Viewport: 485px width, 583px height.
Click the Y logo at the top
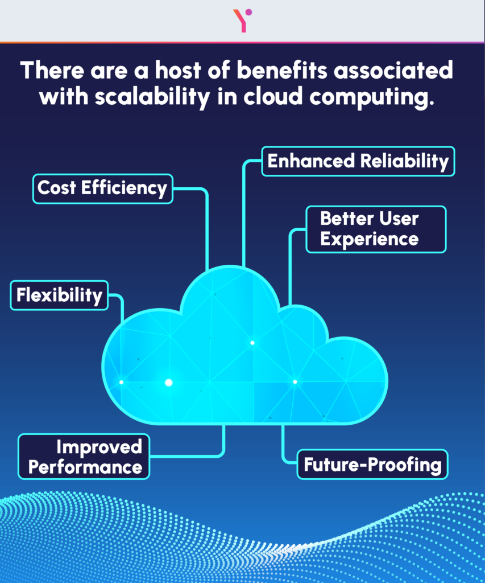tap(242, 20)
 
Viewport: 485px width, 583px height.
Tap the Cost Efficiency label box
tap(102, 188)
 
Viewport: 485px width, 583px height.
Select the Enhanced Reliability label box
tap(358, 161)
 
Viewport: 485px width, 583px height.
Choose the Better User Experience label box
tap(376, 229)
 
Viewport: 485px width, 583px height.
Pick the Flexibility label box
tap(59, 295)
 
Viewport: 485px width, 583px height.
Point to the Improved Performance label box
tap(84, 457)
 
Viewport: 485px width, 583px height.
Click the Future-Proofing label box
tap(372, 465)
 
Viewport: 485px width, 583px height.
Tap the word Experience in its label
tap(370, 239)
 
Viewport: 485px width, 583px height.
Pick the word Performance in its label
tap(85, 467)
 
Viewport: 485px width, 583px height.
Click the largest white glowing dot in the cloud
tap(168, 383)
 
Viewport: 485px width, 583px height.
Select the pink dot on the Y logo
tap(248, 13)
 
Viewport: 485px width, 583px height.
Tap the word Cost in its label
tap(57, 188)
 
